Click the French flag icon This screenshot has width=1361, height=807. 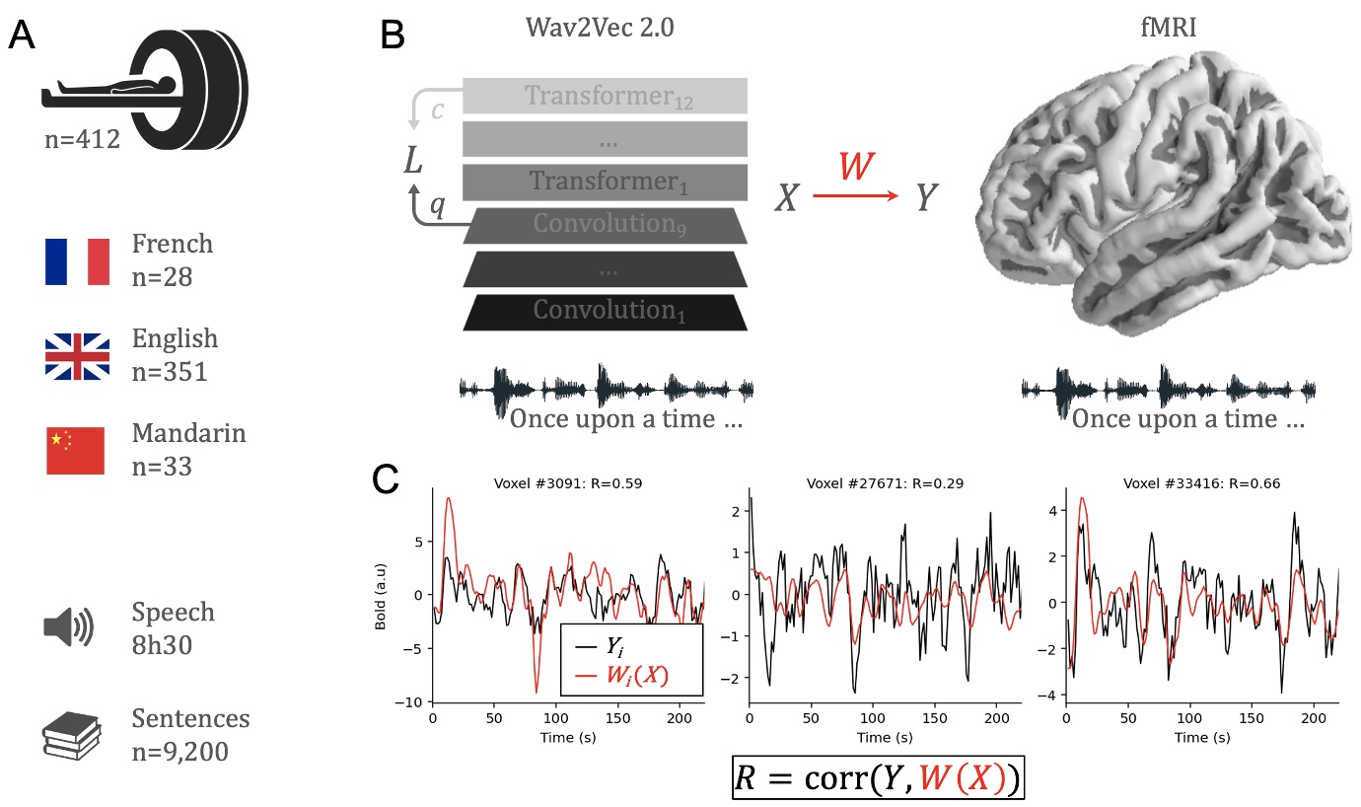point(77,261)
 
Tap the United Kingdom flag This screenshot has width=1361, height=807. point(77,356)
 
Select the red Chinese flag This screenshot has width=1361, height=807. point(76,451)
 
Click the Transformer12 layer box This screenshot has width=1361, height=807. point(605,96)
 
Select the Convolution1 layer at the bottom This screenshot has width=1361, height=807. point(605,311)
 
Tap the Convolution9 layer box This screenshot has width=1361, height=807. point(605,225)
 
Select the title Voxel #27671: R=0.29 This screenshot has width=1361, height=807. point(884,483)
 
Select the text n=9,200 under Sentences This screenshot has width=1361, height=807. point(179,752)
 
